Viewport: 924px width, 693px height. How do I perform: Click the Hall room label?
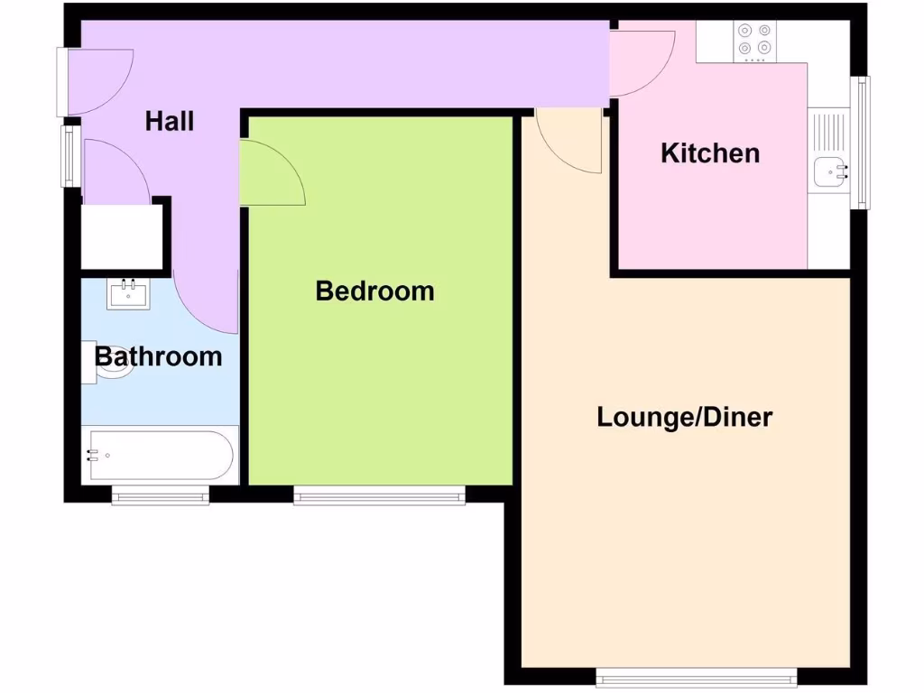tap(170, 121)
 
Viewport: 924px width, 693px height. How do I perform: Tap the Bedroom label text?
tap(374, 291)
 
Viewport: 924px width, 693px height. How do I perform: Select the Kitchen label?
tap(710, 153)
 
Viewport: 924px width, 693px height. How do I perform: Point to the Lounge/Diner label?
tap(685, 418)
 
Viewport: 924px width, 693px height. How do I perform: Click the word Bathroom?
tap(159, 356)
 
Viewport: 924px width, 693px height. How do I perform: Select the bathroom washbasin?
tap(128, 293)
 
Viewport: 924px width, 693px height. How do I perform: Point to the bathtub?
tap(160, 456)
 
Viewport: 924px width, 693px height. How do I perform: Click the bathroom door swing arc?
tap(206, 302)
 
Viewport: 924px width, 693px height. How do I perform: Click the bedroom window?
tap(379, 494)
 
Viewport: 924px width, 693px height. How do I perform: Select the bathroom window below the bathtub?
tap(161, 494)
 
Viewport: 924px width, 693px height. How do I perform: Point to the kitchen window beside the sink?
tap(864, 142)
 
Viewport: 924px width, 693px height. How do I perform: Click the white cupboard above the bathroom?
tap(122, 236)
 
